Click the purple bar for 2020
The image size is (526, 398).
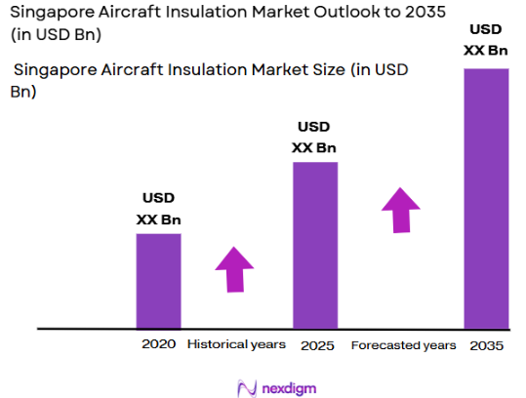coord(158,281)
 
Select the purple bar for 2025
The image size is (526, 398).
coord(315,245)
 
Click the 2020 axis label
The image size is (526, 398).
coord(158,344)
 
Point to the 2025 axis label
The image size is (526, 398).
coord(315,344)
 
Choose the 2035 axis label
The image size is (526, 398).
coord(486,345)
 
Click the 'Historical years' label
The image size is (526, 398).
coord(236,344)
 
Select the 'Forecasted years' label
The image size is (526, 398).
coord(403,345)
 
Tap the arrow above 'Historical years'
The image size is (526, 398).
coord(234,268)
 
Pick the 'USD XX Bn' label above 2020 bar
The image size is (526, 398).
coord(158,209)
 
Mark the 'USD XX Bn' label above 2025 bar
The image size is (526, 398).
coord(314,138)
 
